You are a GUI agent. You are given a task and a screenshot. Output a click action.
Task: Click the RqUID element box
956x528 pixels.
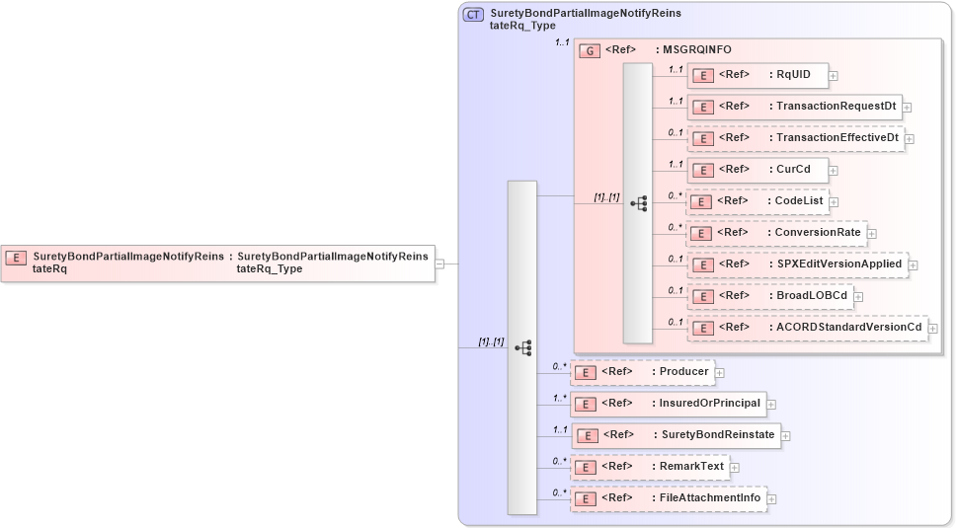pyautogui.click(x=757, y=75)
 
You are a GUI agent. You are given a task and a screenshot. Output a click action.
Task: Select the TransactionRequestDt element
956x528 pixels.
pyautogui.click(x=794, y=107)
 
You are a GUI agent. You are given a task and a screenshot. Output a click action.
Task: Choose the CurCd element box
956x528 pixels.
pyautogui.click(x=757, y=170)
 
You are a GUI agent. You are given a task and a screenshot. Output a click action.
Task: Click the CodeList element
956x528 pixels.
pyautogui.click(x=757, y=201)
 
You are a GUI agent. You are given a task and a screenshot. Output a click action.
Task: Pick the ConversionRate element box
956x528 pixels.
pyautogui.click(x=776, y=233)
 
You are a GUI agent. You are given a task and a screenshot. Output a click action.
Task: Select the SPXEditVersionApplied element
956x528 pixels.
pyautogui.click(x=798, y=264)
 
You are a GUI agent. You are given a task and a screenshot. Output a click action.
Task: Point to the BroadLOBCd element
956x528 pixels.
pyautogui.click(x=769, y=296)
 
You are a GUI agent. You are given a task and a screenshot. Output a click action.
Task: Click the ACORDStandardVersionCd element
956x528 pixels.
pyautogui.click(x=808, y=328)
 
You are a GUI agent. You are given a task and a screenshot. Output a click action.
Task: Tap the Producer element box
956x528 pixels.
pyautogui.click(x=642, y=372)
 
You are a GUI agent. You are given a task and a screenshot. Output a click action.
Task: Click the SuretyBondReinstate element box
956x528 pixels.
pyautogui.click(x=676, y=435)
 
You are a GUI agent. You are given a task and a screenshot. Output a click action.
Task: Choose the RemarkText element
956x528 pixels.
pyautogui.click(x=649, y=467)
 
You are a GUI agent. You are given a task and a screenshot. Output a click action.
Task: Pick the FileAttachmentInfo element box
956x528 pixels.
pyautogui.click(x=668, y=498)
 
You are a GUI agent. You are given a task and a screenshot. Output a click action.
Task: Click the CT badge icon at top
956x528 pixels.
pyautogui.click(x=473, y=15)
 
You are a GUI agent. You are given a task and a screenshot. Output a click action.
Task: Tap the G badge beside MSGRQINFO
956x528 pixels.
pyautogui.click(x=589, y=50)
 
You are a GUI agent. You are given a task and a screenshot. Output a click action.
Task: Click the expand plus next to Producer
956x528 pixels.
pyautogui.click(x=720, y=373)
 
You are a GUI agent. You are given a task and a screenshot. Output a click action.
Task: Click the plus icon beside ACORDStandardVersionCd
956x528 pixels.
pyautogui.click(x=933, y=329)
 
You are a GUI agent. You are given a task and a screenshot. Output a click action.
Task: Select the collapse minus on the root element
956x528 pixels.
pyautogui.click(x=439, y=264)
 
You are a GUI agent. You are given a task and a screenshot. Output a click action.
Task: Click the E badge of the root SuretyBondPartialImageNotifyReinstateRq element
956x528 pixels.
pyautogui.click(x=16, y=257)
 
